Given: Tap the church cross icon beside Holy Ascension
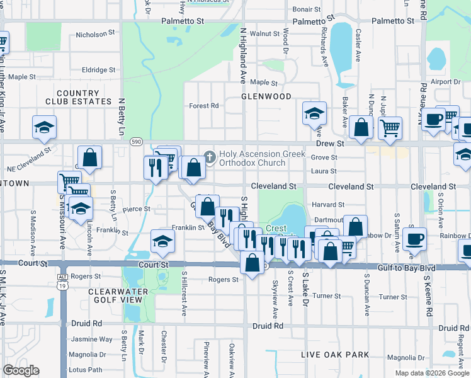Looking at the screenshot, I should point(209,155).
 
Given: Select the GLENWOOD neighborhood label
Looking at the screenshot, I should point(266,96).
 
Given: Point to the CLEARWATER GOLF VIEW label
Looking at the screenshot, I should point(118,295).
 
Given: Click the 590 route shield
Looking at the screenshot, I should point(136,142).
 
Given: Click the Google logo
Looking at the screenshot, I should point(21,370).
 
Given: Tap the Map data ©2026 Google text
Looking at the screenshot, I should point(433,373).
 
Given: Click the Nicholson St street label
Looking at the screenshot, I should point(96,34).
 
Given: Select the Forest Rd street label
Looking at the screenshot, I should point(203,106).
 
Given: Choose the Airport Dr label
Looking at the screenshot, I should point(446,82).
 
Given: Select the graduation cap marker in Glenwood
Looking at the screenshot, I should point(314,114).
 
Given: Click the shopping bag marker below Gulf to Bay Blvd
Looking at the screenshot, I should point(253,264).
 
